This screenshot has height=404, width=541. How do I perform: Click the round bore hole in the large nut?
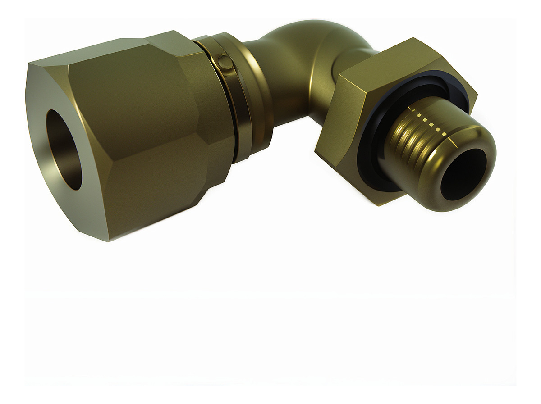tap(64, 149)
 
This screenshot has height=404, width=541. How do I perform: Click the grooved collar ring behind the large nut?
tap(243, 95)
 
